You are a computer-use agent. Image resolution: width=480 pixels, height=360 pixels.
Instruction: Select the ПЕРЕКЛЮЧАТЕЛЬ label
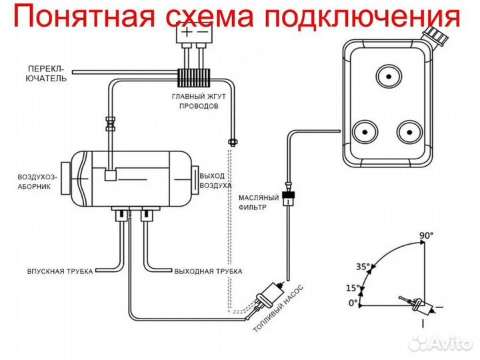[x=47, y=73]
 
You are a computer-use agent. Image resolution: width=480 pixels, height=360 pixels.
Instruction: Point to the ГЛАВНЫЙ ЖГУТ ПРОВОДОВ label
[x=194, y=101]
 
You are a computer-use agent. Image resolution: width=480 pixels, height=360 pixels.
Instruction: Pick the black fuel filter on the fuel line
[x=288, y=197]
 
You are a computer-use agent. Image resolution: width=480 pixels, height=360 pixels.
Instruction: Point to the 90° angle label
[x=426, y=235]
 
